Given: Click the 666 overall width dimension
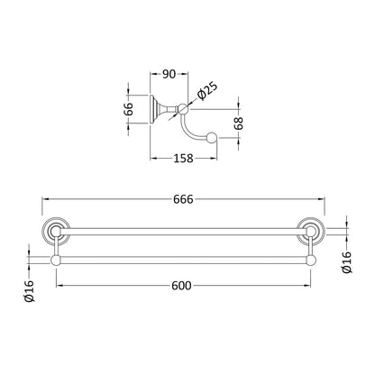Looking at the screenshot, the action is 183,199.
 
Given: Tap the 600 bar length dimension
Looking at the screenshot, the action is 181,286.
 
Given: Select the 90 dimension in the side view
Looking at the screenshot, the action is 169,74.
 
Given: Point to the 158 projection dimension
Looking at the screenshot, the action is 183,158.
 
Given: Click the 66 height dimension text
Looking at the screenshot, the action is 128,109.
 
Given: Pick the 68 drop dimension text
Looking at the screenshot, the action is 239,123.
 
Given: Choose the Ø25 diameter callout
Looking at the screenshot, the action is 207,91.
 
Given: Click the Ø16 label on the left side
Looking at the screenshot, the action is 29,290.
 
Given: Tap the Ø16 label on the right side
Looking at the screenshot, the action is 346,262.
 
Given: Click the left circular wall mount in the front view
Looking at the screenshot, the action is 56,231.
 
